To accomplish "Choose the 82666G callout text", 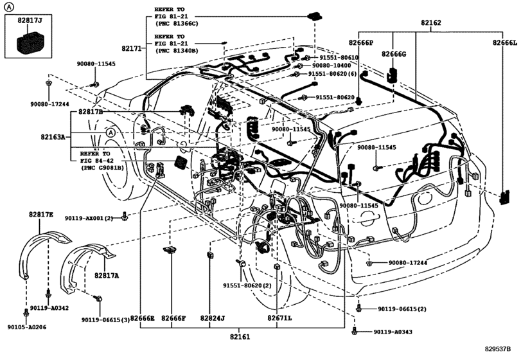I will coord(394,54).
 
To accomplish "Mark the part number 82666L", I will coord(504,42).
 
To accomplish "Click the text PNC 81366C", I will coord(176,23).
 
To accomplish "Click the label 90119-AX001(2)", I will coord(89,219).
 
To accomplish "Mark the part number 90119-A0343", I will coord(394,332).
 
